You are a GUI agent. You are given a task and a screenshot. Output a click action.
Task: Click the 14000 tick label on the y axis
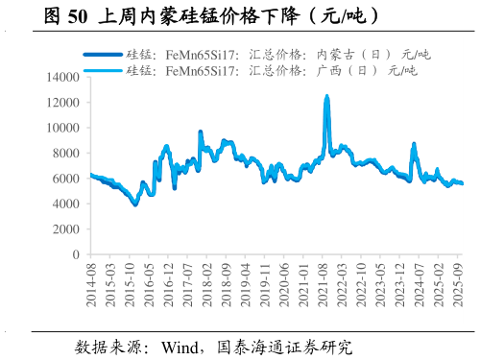65,77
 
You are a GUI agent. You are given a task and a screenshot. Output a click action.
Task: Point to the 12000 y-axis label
65,103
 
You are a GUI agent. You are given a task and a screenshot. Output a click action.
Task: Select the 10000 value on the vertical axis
65,128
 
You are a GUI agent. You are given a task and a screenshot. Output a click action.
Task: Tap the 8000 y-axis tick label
69,154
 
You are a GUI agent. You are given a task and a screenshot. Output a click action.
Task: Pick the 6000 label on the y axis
69,179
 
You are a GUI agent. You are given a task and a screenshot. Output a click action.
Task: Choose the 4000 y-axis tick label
69,204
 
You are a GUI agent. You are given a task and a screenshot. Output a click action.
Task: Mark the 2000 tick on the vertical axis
69,229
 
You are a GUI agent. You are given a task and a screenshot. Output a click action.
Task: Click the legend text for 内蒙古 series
274,55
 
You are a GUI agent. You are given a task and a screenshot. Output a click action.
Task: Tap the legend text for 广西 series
274,70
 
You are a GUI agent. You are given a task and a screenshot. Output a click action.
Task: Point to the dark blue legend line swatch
102,55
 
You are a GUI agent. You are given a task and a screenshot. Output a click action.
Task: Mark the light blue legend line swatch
102,70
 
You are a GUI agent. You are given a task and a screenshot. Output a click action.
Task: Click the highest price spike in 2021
327,96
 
